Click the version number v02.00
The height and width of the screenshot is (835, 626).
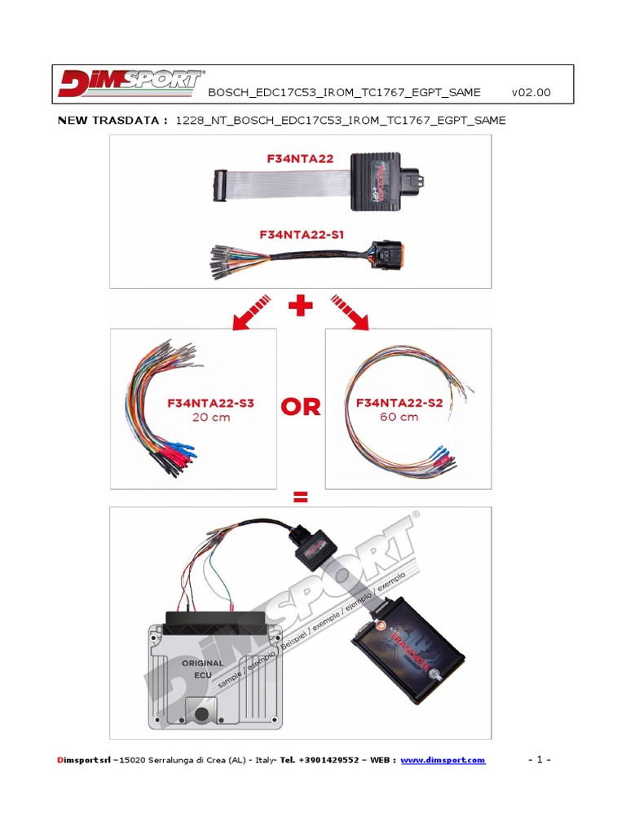531,92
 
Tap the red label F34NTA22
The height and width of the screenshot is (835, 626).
300,160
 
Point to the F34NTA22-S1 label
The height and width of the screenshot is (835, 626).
302,234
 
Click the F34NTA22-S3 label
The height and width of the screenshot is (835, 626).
210,403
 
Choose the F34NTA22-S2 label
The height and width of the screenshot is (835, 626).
399,403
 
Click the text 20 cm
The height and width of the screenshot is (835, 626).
210,417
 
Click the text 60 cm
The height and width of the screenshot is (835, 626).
399,417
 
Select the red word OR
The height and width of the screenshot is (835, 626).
301,408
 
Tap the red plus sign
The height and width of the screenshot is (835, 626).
301,308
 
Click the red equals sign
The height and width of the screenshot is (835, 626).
301,497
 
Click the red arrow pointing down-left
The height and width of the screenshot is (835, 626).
252,314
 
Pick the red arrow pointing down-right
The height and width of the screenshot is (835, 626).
350,314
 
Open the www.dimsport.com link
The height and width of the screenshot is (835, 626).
443,760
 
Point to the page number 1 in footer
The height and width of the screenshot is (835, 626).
540,760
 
